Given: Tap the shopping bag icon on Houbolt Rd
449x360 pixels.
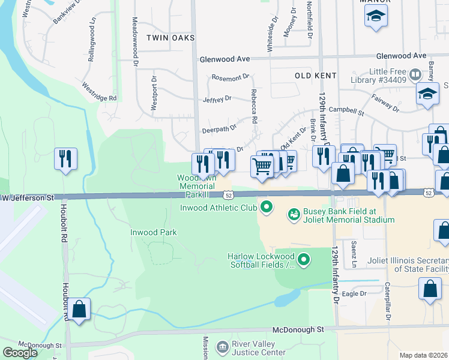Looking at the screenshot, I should pyautogui.click(x=79, y=309).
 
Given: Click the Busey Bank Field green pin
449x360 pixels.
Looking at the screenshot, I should pyautogui.click(x=294, y=213).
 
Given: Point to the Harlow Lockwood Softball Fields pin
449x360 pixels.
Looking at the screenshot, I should pyautogui.click(x=304, y=259).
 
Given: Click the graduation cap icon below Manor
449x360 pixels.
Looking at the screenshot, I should pyautogui.click(x=376, y=16).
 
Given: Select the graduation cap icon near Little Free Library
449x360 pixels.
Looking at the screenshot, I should pyautogui.click(x=427, y=94).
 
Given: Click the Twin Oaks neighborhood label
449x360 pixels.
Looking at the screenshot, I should pyautogui.click(x=170, y=38).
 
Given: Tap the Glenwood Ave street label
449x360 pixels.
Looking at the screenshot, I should pyautogui.click(x=224, y=59).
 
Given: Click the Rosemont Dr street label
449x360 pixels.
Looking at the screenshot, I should pyautogui.click(x=230, y=77).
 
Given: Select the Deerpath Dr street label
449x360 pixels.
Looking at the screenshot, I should pyautogui.click(x=219, y=127).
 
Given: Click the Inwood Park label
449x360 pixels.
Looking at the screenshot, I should pyautogui.click(x=154, y=232).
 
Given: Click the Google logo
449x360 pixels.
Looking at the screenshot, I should pyautogui.click(x=20, y=353).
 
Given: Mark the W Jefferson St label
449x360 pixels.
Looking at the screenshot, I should pyautogui.click(x=28, y=197).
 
